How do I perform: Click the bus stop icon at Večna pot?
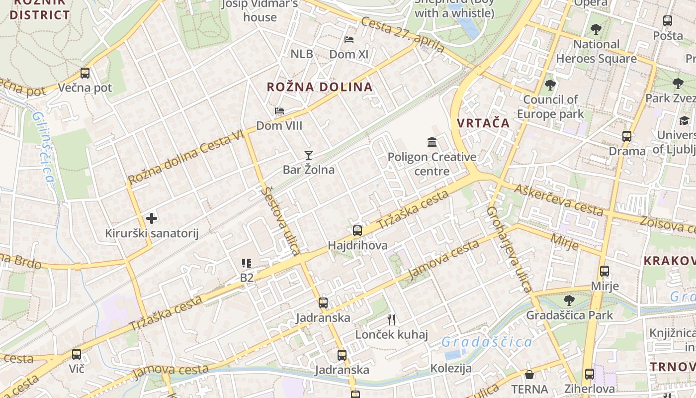point(85,73)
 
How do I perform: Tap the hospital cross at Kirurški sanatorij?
point(152,218)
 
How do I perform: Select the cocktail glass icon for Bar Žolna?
point(309,155)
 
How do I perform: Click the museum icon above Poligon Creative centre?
point(432,142)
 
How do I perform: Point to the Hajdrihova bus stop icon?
point(357,231)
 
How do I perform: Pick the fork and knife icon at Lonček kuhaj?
point(391,319)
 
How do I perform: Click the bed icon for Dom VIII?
point(279,110)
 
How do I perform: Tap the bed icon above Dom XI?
point(349,39)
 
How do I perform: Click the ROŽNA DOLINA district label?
point(320,87)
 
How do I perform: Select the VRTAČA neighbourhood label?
point(483,123)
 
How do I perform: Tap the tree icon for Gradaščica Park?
point(569,300)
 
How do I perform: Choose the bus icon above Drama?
point(627,136)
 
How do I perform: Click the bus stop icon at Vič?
point(77,354)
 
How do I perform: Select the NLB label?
point(302,54)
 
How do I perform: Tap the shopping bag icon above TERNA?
point(529,375)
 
